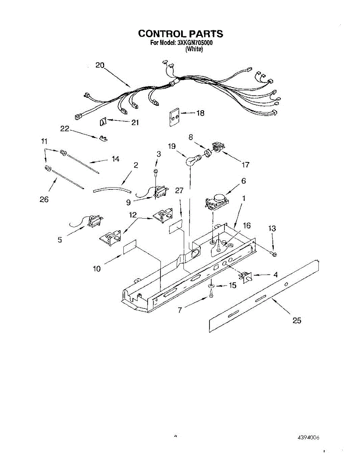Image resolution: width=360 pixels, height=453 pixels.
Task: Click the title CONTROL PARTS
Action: click(181, 34)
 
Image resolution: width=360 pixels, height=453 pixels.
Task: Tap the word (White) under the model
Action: click(194, 49)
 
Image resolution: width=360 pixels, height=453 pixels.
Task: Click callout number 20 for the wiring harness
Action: click(100, 65)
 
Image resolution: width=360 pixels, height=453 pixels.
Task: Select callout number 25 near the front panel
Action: click(297, 321)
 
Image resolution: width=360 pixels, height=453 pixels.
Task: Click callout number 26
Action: click(44, 200)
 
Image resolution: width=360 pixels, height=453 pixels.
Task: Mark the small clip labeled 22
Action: click(103, 138)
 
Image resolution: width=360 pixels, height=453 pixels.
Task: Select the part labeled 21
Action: click(103, 122)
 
